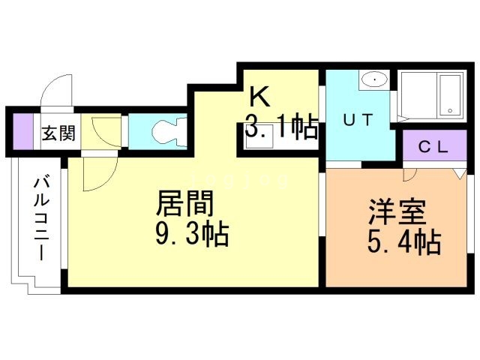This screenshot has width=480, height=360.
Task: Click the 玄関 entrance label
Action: point(58,133)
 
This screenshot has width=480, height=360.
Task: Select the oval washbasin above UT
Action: point(374,79)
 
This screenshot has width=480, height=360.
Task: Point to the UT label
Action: point(358,119)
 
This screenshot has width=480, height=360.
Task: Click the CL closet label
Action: point(433,147)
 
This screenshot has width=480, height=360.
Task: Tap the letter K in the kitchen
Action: point(260,96)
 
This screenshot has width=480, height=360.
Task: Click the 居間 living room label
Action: point(184,203)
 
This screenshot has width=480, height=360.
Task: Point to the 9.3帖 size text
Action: point(193,234)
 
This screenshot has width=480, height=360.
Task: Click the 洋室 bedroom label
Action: point(397,211)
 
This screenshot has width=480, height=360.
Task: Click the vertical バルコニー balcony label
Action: point(41,218)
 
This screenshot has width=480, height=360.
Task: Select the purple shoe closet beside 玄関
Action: point(23,131)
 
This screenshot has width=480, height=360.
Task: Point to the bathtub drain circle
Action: point(450,110)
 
